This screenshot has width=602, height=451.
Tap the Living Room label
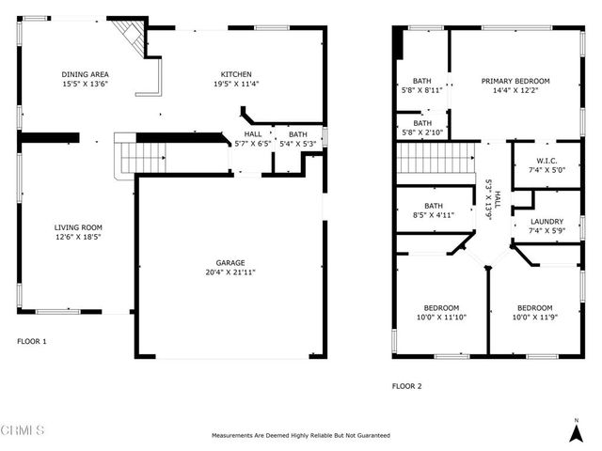pyautogui.click(x=77, y=227)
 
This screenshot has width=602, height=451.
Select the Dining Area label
pyautogui.click(x=85, y=74)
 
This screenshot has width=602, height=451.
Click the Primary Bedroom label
pyautogui.click(x=515, y=81)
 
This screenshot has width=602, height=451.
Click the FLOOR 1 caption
pyautogui.click(x=31, y=341)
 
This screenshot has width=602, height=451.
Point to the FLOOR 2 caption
pyautogui.click(x=406, y=386)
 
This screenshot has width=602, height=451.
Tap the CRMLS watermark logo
pyautogui.click(x=23, y=430)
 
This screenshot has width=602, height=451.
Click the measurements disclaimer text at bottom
pyautogui.click(x=300, y=436)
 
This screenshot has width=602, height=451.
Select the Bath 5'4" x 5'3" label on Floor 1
pyautogui.click(x=297, y=139)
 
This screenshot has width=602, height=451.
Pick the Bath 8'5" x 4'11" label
pyautogui.click(x=434, y=210)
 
